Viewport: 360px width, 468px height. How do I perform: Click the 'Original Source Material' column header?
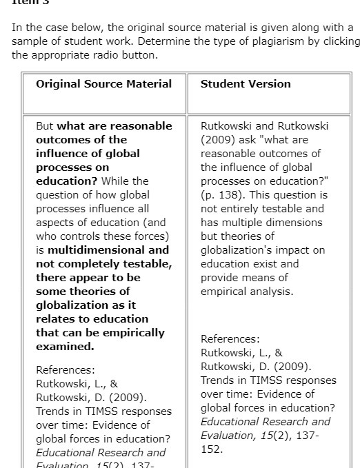tap(103, 84)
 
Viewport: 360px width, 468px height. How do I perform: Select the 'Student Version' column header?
tap(246, 84)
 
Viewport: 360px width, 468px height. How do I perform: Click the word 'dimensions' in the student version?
tap(294, 223)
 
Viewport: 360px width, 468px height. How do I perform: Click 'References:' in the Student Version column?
tap(230, 339)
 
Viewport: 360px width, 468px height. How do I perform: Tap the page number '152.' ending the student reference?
tap(212, 449)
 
